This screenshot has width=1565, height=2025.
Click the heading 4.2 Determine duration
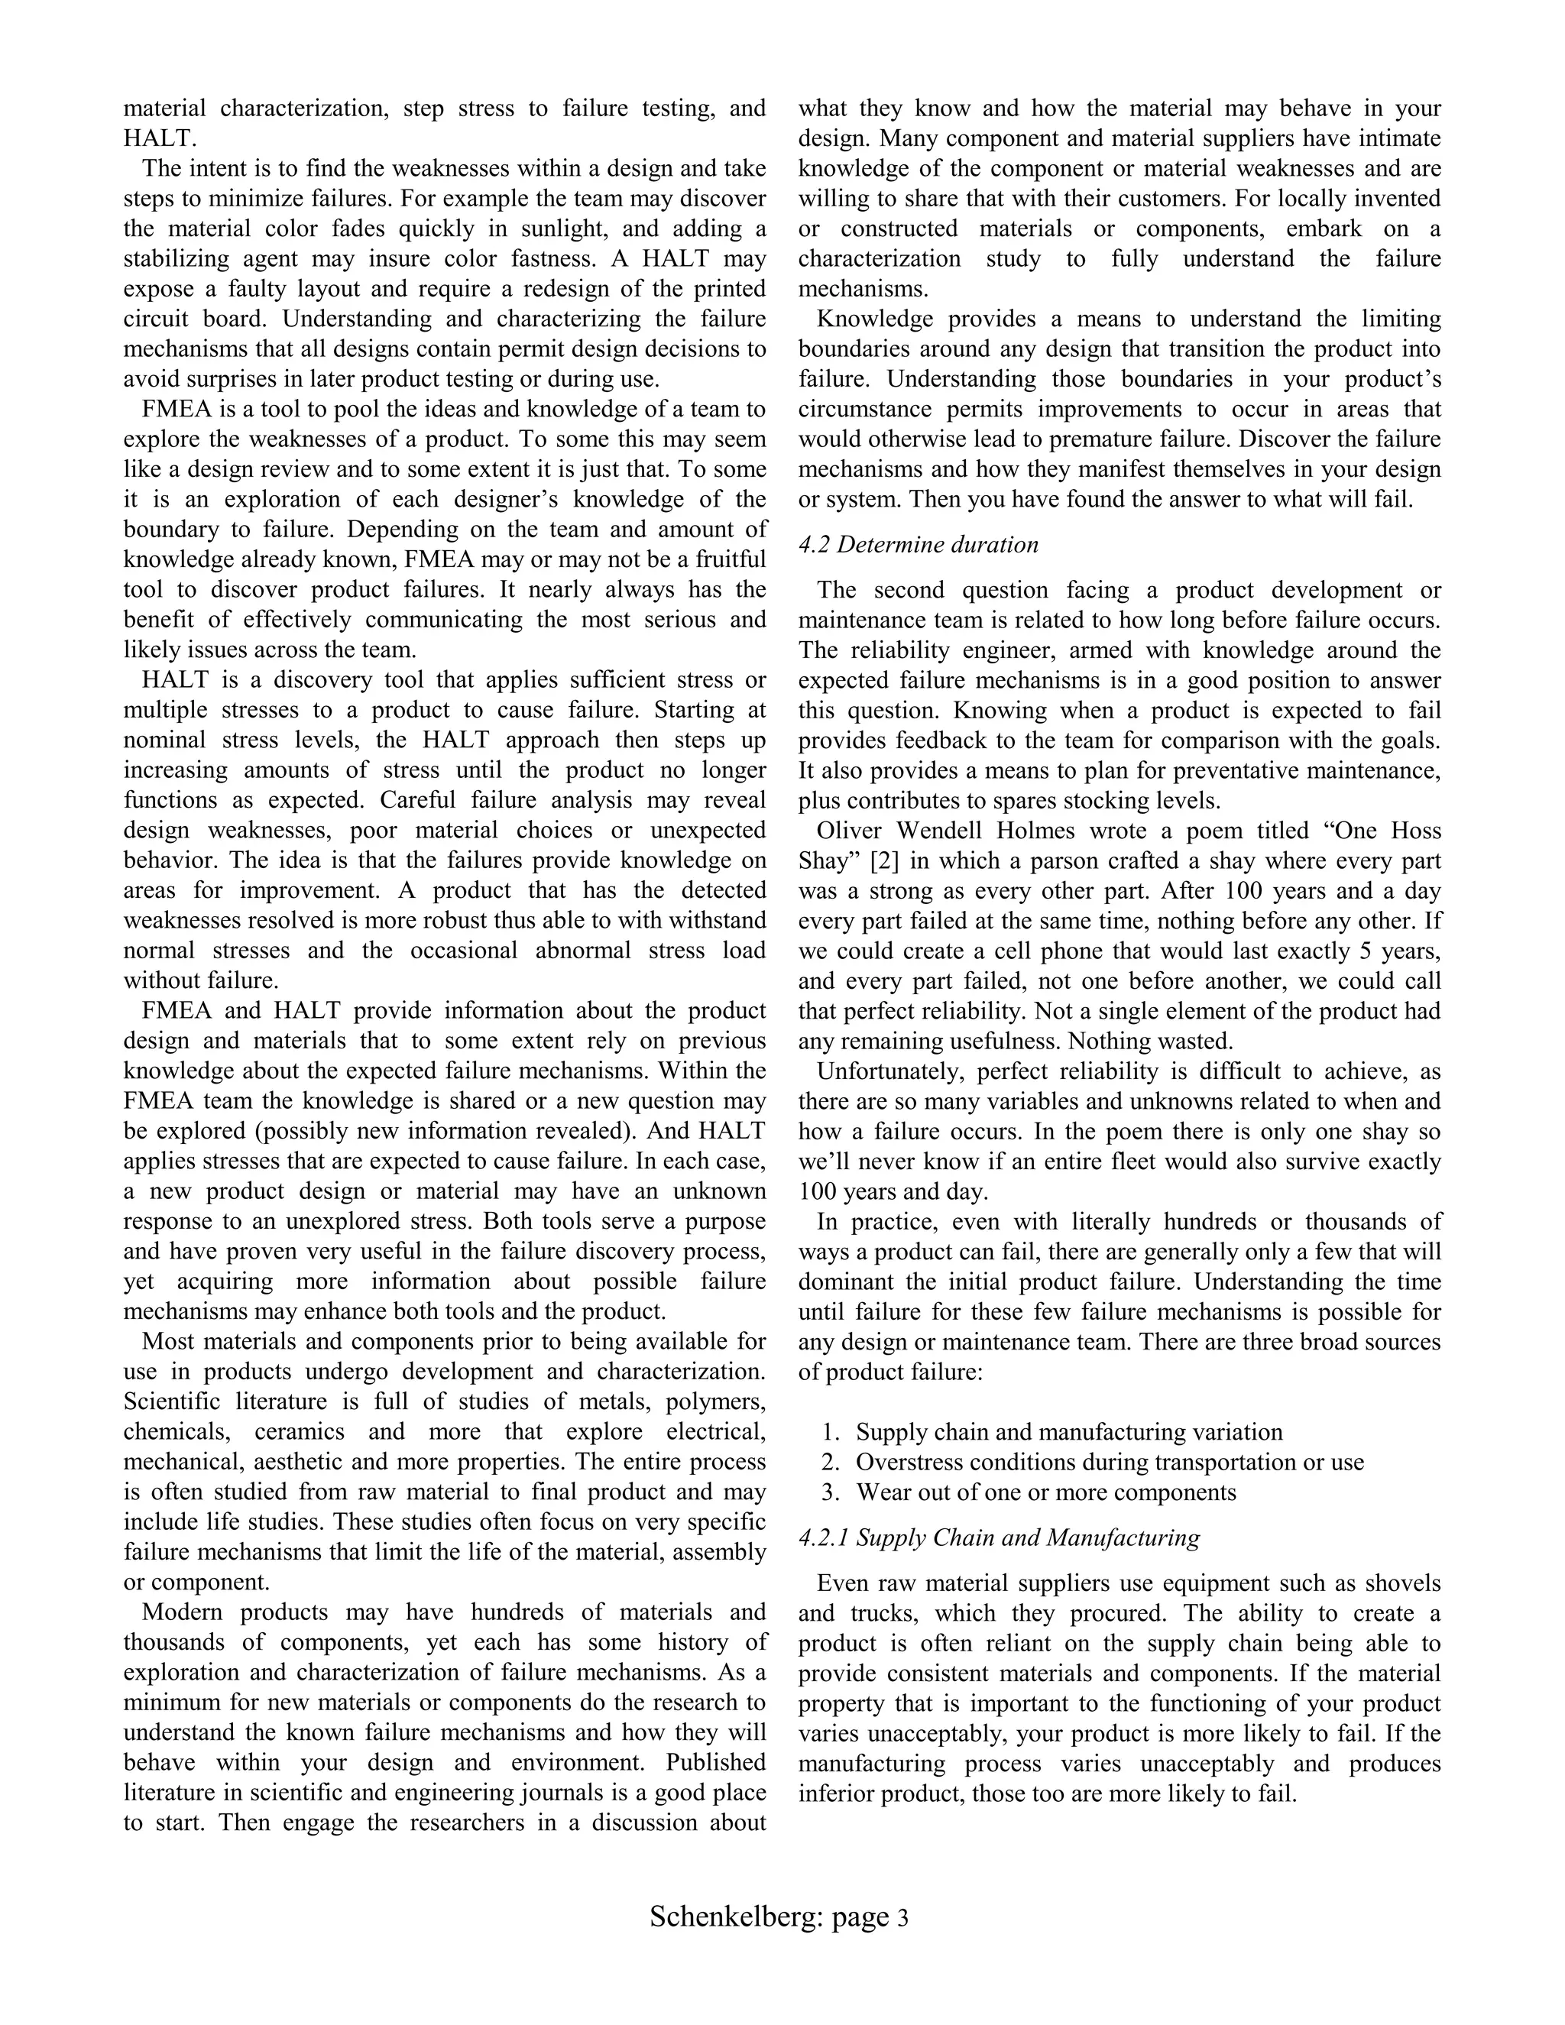pos(918,544)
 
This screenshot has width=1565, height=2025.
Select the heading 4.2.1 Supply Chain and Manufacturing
pos(999,1537)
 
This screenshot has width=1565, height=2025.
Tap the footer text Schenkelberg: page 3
pos(779,1916)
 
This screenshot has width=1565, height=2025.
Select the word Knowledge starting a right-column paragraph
pos(874,319)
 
